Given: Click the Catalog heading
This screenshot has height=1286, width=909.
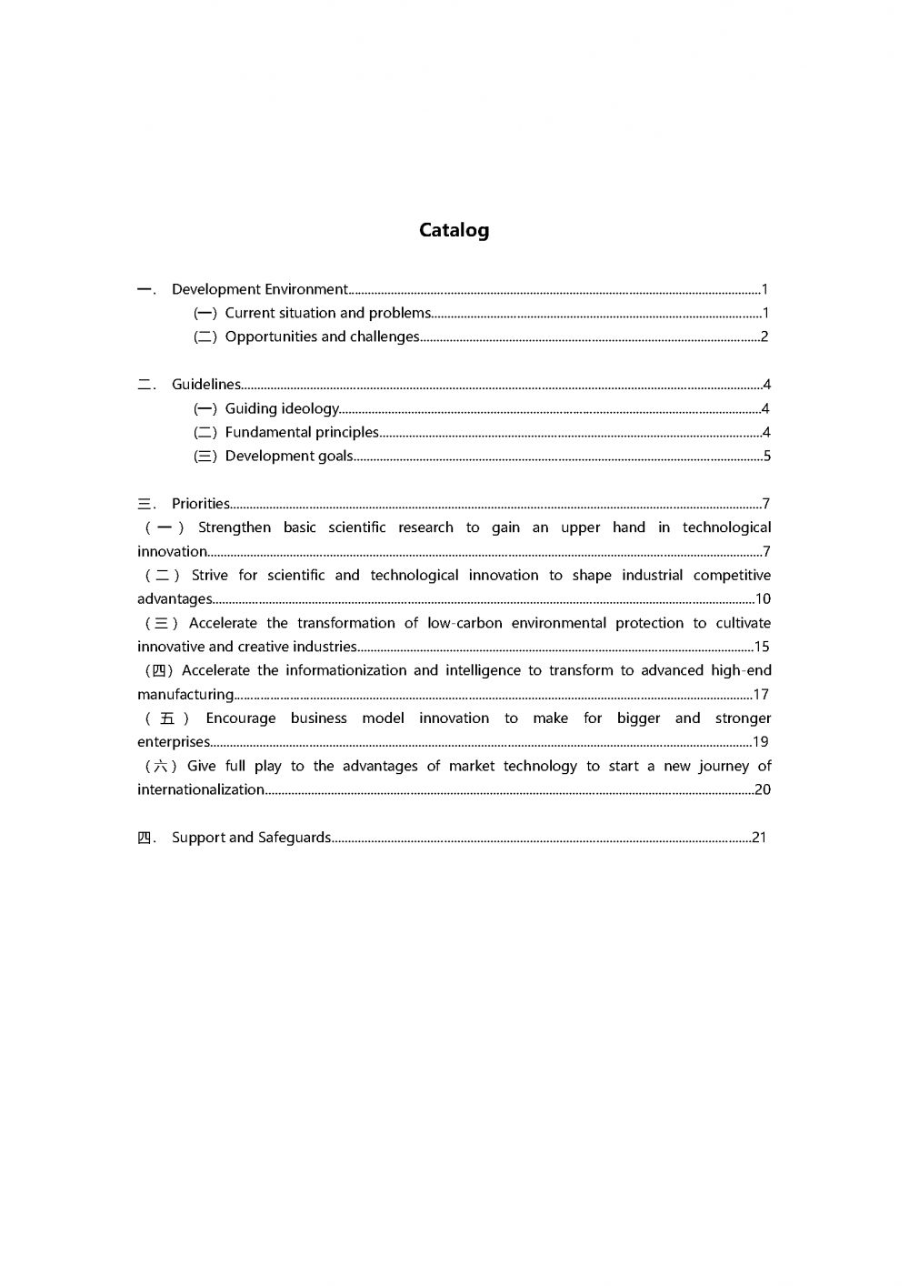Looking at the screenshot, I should [x=454, y=230].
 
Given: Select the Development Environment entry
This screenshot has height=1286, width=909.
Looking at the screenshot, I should [x=259, y=289].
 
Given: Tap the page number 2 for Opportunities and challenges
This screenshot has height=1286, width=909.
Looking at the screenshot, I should [x=764, y=337].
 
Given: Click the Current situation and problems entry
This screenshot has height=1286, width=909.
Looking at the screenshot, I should [x=327, y=313].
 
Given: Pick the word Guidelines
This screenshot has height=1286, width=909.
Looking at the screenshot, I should [x=206, y=385].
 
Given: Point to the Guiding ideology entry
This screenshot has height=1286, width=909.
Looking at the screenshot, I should [x=282, y=408].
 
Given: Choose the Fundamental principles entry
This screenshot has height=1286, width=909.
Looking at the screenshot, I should [x=302, y=432].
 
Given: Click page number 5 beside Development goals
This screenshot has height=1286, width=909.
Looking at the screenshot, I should [x=766, y=456].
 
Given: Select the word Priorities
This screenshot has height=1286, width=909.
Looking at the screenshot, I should [x=201, y=504].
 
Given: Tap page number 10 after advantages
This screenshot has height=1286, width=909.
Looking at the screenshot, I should [x=763, y=598].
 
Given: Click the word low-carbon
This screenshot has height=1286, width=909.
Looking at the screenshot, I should [x=464, y=623].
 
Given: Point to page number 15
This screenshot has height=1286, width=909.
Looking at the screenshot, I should [x=762, y=647].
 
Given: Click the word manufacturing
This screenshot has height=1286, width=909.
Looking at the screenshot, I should [x=185, y=695].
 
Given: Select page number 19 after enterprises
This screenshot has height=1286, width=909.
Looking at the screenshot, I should [x=761, y=742].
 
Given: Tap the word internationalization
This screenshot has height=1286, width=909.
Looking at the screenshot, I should [x=201, y=789].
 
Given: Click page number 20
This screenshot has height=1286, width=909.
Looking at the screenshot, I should [x=762, y=789].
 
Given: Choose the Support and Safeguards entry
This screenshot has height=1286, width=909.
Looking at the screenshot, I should [x=251, y=838].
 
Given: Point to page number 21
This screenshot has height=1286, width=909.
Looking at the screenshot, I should [x=759, y=838].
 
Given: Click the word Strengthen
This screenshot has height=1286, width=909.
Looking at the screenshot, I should [x=235, y=527].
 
